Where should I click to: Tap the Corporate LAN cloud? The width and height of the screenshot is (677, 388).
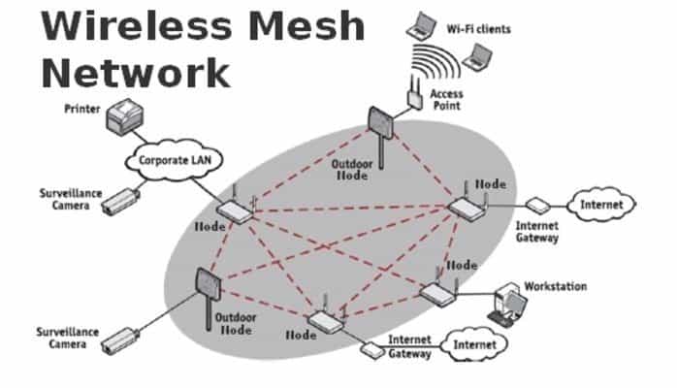[x=175, y=160]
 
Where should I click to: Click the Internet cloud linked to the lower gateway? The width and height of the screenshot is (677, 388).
[x=475, y=344]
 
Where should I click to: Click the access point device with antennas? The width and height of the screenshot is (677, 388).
[x=415, y=93]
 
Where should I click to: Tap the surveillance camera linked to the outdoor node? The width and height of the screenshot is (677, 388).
[x=120, y=341]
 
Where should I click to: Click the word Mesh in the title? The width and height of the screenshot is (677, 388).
[x=307, y=25]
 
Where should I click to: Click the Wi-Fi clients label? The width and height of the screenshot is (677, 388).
[x=478, y=29]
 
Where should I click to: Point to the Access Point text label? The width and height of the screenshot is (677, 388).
[x=446, y=100]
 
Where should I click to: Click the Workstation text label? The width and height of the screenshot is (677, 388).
[x=555, y=286]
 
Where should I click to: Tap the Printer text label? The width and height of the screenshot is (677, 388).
[x=82, y=109]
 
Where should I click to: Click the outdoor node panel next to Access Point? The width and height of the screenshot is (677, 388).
[x=380, y=123]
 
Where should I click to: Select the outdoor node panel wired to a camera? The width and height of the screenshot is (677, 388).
[x=209, y=284]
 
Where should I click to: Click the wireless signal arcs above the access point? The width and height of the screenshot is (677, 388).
[x=434, y=61]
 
